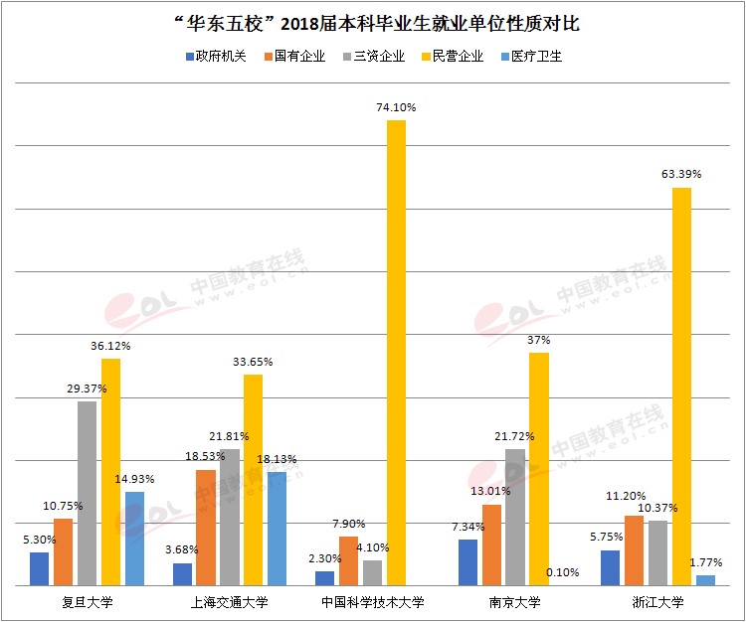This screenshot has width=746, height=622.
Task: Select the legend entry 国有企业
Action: [x=293, y=57]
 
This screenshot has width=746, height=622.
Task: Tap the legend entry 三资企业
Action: [x=373, y=57]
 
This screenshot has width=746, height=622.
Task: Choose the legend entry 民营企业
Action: [x=452, y=57]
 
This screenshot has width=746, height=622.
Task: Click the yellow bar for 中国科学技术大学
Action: [x=396, y=353]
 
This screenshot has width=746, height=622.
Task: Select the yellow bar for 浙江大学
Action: [x=681, y=387]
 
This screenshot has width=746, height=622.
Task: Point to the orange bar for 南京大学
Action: [x=491, y=545]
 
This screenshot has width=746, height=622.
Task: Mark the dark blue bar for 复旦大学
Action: [x=39, y=569]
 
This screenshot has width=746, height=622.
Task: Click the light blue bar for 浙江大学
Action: [x=705, y=580]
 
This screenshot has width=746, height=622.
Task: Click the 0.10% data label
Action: [x=562, y=572]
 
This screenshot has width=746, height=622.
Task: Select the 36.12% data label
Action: [x=110, y=346]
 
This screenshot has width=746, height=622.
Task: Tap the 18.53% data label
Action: [x=205, y=456]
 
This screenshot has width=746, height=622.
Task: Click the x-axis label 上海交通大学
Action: [x=230, y=602]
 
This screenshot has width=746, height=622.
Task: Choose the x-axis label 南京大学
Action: [x=515, y=602]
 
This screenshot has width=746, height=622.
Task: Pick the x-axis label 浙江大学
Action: [x=657, y=602]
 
